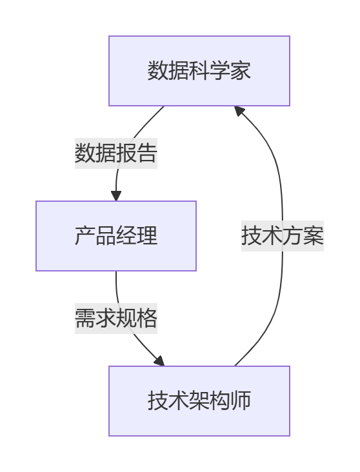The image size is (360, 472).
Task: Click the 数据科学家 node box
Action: pyautogui.click(x=199, y=71)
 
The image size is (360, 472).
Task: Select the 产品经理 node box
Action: pyautogui.click(x=116, y=236)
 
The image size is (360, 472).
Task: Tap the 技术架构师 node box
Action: pyautogui.click(x=199, y=401)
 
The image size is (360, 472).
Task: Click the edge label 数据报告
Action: pyautogui.click(x=116, y=153)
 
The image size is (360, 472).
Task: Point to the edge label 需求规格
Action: pyautogui.click(x=116, y=319)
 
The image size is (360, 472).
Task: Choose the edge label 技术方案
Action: pyautogui.click(x=283, y=236)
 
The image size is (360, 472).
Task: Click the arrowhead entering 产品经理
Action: pyautogui.click(x=116, y=195)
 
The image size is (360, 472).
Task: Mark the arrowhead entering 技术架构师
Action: pyautogui.click(x=159, y=361)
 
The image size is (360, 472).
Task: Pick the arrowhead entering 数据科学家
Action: pyautogui.click(x=239, y=111)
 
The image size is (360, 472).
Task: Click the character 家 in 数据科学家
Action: pyautogui.click(x=241, y=71)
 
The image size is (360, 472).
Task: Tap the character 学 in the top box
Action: pyautogui.click(x=220, y=71)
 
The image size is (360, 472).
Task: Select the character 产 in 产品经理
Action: pyautogui.click(x=85, y=236)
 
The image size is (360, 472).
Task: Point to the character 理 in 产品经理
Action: pyautogui.click(x=147, y=236)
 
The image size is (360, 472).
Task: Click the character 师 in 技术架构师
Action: pyautogui.click(x=241, y=401)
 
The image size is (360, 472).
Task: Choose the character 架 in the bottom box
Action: pyautogui.click(x=199, y=401)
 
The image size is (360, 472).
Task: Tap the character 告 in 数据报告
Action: pyautogui.click(x=147, y=153)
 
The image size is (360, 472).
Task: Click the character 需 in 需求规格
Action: pyautogui.click(x=85, y=319)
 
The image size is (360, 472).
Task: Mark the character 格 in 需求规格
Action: pyautogui.click(x=147, y=319)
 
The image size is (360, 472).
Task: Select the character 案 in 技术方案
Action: pyautogui.click(x=314, y=236)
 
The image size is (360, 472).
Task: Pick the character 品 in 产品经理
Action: pyautogui.click(x=106, y=236)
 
